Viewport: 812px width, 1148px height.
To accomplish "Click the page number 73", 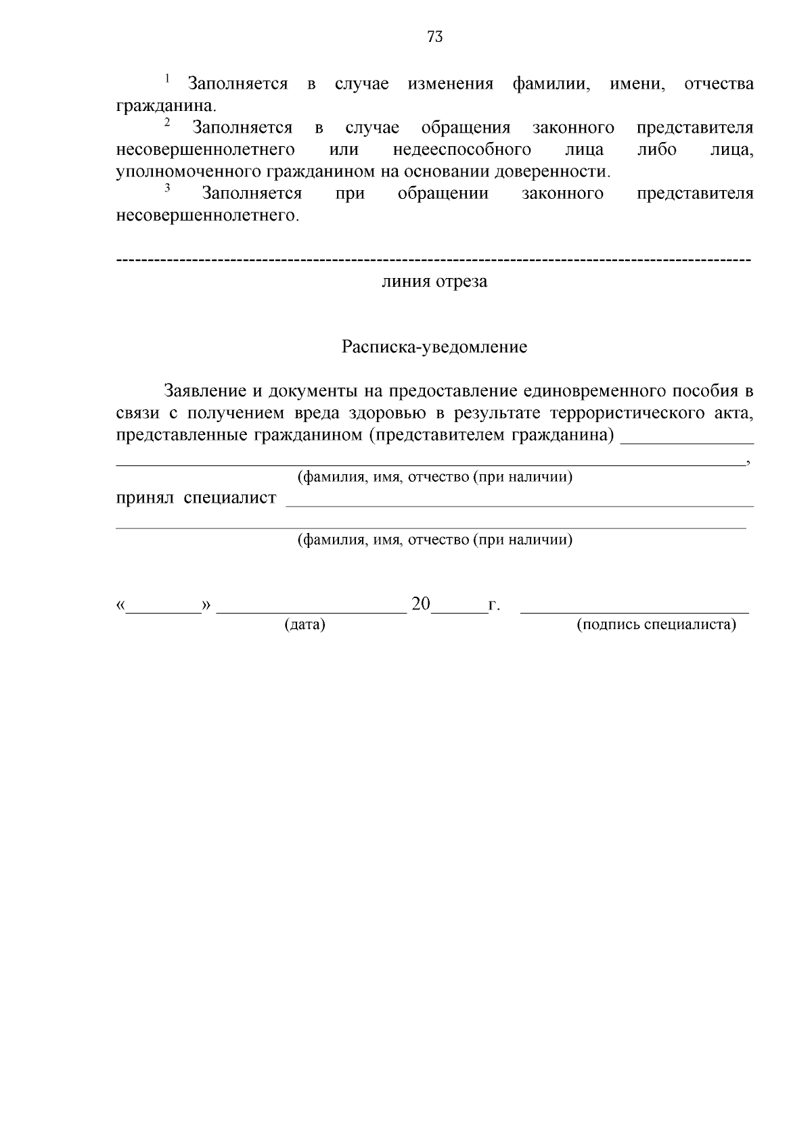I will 435,37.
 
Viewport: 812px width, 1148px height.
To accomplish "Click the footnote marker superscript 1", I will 167,78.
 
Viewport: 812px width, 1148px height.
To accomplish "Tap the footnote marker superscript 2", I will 167,122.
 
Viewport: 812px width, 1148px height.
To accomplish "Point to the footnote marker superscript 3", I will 167,187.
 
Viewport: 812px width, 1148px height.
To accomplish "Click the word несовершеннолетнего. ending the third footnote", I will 207,216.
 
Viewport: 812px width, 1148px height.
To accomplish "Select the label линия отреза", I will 434,281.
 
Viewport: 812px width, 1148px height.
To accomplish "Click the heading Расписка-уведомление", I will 434,348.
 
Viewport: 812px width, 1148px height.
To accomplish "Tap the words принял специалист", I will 196,498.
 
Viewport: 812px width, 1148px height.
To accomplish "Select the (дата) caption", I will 304,624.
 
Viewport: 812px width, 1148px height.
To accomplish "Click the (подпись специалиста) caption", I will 656,624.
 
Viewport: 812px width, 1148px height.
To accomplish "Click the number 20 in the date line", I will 421,604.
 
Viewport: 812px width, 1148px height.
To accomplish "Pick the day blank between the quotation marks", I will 164,609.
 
